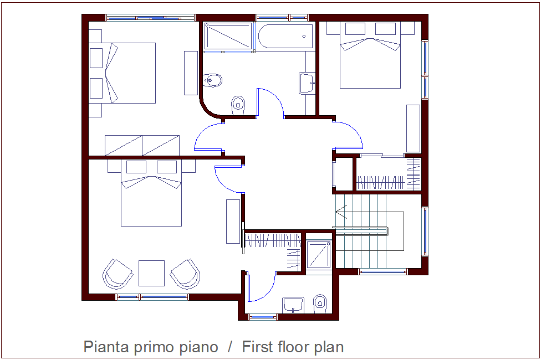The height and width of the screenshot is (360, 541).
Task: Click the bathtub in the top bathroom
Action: click(x=285, y=37)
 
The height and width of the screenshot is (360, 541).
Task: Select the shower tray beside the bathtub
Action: click(x=228, y=37)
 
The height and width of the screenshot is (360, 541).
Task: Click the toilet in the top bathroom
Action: click(x=238, y=104)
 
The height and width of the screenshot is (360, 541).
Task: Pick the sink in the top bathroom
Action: click(x=307, y=83)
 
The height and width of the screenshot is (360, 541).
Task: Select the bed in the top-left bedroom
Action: click(x=130, y=73)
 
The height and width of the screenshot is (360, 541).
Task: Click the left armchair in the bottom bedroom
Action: click(x=118, y=274)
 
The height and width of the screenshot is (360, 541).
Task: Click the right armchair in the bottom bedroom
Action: click(x=186, y=274)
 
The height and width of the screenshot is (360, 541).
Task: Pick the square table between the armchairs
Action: click(x=151, y=273)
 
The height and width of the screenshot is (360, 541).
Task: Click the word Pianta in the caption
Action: click(x=106, y=347)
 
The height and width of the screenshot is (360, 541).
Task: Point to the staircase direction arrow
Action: click(x=341, y=212)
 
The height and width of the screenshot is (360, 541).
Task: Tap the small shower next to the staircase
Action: click(x=318, y=254)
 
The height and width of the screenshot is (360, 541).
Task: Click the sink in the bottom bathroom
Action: click(x=293, y=305)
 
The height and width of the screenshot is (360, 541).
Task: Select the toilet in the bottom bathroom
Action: click(x=320, y=302)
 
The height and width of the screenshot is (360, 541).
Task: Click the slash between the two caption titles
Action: click(x=230, y=347)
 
